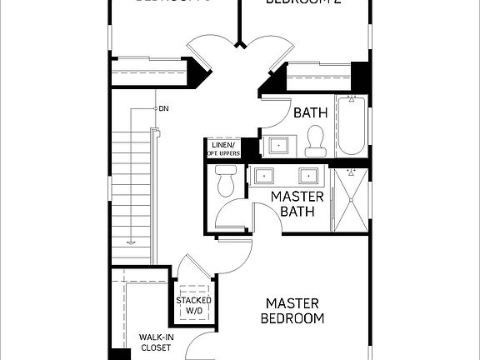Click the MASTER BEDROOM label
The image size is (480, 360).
pos(292,310)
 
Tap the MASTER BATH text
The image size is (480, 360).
pos(280,204)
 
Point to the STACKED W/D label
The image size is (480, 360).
pos(193,306)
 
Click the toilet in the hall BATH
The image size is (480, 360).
pos(315,142)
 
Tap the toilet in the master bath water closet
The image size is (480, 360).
pos(226,181)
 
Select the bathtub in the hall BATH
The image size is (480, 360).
pos(350,127)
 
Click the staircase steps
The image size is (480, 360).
pos(131,192)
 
